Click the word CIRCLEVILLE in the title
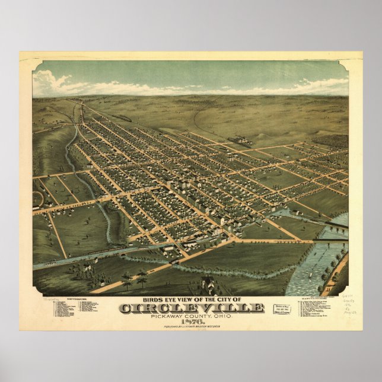(x=191, y=307)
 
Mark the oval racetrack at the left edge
(x=37, y=199)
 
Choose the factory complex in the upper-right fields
(x=240, y=141)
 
